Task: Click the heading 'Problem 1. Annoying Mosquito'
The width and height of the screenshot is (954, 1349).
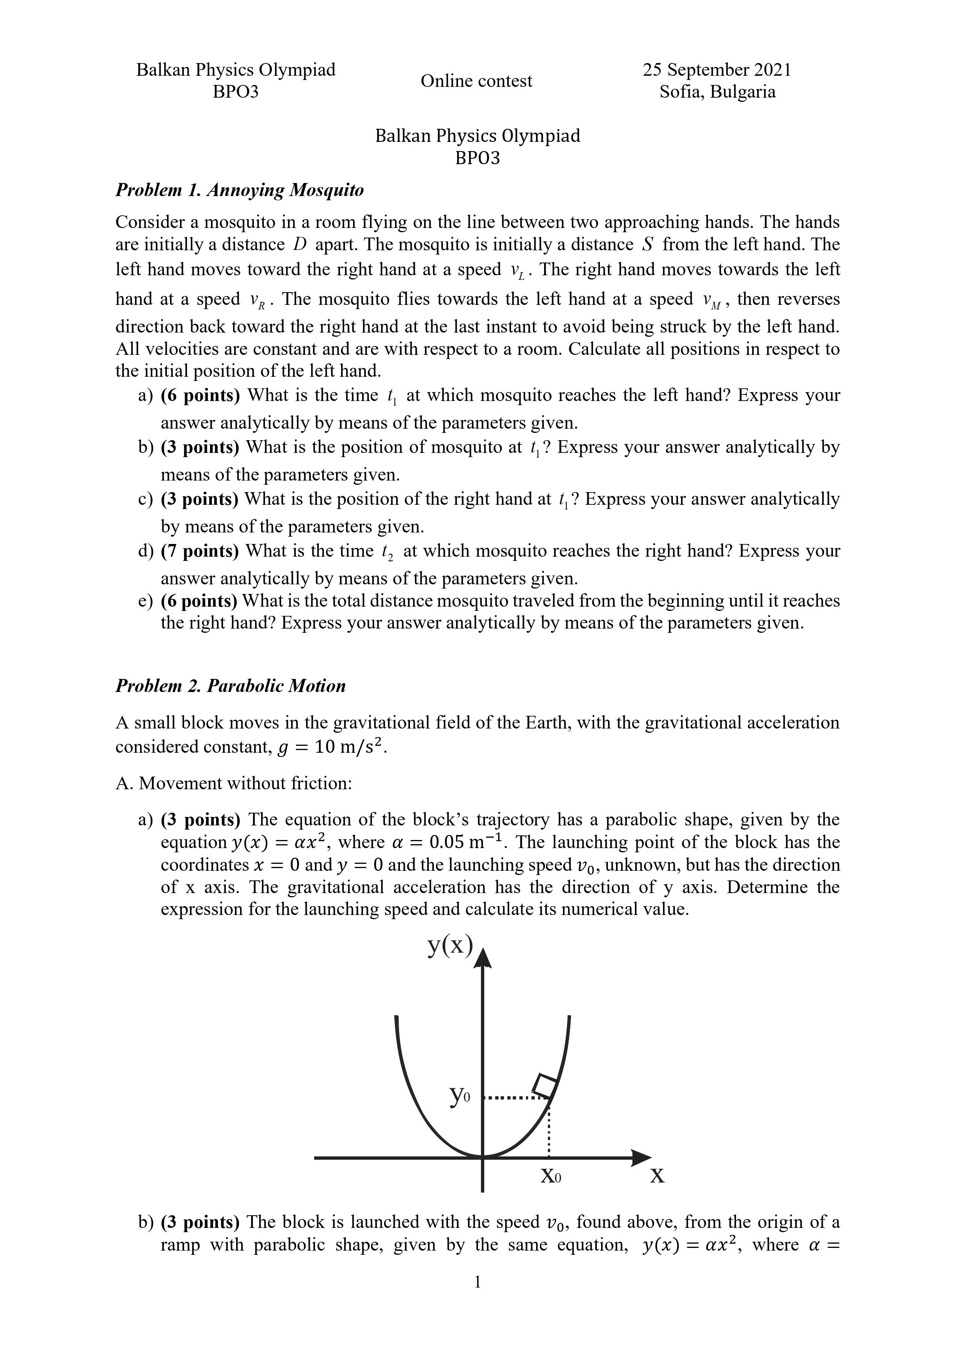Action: tap(239, 190)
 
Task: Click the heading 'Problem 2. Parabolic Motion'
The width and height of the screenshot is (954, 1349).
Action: tap(230, 686)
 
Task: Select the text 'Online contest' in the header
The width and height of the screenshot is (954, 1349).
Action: tap(476, 81)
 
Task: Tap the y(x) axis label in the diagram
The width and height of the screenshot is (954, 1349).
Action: tap(450, 945)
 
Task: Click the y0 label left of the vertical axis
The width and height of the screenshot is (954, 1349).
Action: tap(459, 1096)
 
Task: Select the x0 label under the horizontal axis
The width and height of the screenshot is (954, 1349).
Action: tap(550, 1176)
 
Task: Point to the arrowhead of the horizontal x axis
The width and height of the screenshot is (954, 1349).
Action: tap(641, 1158)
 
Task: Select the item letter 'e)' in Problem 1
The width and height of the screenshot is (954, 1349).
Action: tap(145, 601)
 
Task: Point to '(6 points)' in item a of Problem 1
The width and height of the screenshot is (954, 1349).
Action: tap(200, 396)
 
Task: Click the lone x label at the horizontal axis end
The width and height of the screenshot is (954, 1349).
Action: tap(657, 1176)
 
